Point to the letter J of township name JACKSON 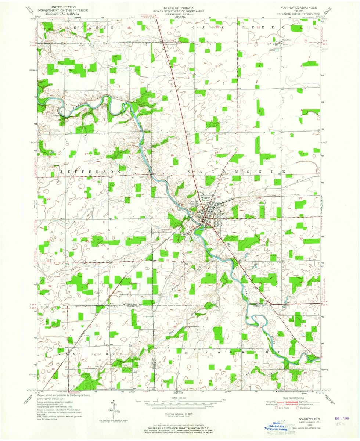pos(208,352)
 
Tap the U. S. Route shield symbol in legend pos(271,407)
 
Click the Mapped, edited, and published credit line pos(64,395)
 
